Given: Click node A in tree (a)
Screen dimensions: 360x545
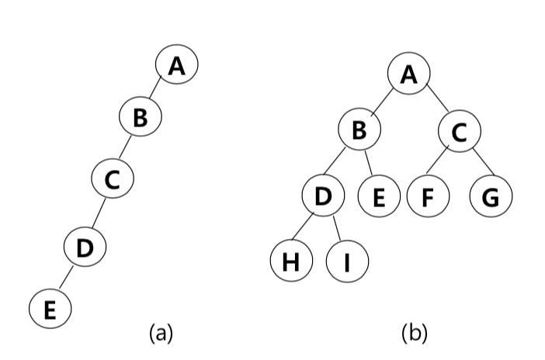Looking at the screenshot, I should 177,65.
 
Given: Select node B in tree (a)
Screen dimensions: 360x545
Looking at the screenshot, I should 140,118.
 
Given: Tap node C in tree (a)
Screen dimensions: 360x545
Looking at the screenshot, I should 112,179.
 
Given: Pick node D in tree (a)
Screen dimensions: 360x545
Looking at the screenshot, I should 85,247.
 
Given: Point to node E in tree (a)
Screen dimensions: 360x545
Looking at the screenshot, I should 50,308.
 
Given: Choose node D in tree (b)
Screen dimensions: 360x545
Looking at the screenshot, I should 324,196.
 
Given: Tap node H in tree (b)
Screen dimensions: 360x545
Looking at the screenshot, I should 291,261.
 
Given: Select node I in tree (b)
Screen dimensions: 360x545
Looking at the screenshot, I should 347,261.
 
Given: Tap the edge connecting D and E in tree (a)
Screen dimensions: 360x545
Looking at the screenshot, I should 67,277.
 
